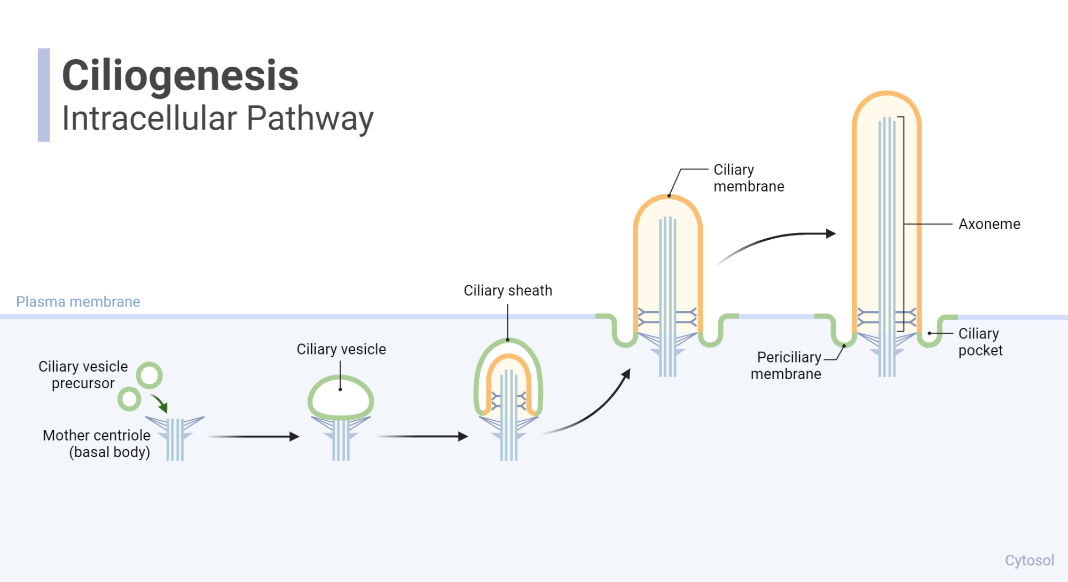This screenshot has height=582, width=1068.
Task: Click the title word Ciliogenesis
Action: pos(180,76)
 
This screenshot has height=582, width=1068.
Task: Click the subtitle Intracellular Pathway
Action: pos(217,119)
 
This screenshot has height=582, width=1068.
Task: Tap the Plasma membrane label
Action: pos(78,302)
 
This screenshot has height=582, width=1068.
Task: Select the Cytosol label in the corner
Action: pos(1029,560)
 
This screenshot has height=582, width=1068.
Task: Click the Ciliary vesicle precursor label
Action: pos(83,375)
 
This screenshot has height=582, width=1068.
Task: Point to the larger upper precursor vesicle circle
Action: pos(149,375)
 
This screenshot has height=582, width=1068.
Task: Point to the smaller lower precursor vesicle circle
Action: pos(129,399)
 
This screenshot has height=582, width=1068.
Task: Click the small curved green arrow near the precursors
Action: pos(160,403)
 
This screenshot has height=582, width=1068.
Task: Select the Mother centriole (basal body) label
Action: pos(97,443)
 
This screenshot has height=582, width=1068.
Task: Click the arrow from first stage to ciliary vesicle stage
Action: pos(253,437)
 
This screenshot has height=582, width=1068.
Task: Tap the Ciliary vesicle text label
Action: pos(341,349)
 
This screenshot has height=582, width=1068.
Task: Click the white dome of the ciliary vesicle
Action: pos(341,398)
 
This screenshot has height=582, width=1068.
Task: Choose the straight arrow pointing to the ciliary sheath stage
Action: pos(422,437)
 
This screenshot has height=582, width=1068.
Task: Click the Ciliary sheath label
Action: pos(508,290)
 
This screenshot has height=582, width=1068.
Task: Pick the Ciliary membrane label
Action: pos(748,178)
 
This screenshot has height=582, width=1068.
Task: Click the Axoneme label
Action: pos(989,224)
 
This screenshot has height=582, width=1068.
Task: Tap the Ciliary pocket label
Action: pos(980,342)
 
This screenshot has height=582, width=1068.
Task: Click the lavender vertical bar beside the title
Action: pos(44,95)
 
